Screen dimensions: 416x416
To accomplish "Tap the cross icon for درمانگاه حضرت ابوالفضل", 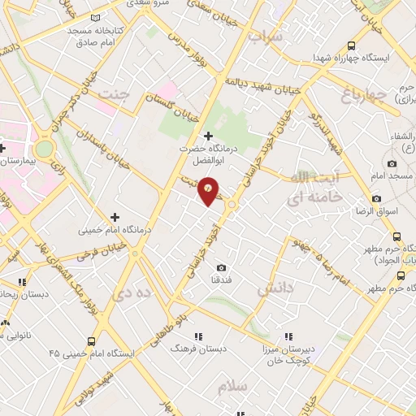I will coord(209,136).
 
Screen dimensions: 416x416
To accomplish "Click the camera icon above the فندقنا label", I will coord(221,267).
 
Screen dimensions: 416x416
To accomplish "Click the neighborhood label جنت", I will coord(114,94).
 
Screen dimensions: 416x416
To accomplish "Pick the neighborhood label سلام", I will coord(232,387).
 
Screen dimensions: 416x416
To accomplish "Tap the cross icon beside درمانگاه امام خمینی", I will coord(115,217).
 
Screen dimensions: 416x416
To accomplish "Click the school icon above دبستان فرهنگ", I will coord(197,335).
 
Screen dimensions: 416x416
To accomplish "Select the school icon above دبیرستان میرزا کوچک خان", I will coord(286,335).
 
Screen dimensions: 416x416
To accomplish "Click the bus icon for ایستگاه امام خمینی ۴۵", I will coord(91,341).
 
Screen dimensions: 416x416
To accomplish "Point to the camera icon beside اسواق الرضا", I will coord(376,199).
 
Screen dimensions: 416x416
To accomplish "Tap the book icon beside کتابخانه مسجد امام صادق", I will coord(96,17).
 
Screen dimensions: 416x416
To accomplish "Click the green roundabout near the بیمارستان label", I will coord(43,149).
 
